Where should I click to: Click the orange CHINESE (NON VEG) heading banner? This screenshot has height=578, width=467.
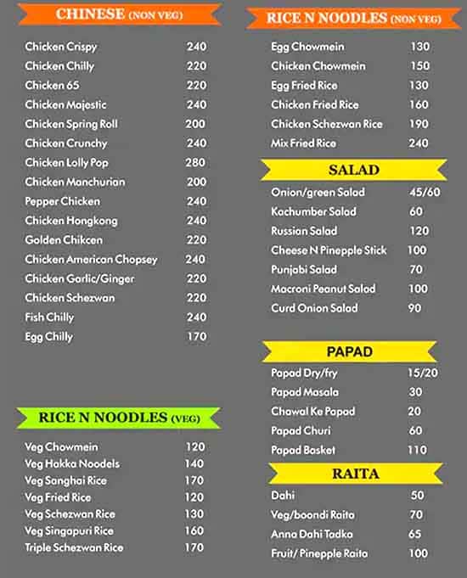pyautogui.click(x=119, y=14)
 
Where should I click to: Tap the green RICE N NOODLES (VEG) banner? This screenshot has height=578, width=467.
pyautogui.click(x=119, y=418)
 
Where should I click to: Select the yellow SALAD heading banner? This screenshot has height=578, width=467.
pyautogui.click(x=353, y=170)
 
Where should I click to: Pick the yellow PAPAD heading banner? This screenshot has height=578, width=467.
pyautogui.click(x=349, y=351)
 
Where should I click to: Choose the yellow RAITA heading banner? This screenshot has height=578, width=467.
pyautogui.click(x=355, y=474)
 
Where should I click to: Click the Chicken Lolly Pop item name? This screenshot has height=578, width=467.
pyautogui.click(x=66, y=162)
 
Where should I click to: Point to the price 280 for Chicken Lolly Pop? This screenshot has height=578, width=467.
pyautogui.click(x=196, y=162)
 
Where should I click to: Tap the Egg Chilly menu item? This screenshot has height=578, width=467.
pyautogui.click(x=49, y=337)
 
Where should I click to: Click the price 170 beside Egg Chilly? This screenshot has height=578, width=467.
pyautogui.click(x=196, y=337)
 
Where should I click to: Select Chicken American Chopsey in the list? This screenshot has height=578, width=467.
pyautogui.click(x=91, y=260)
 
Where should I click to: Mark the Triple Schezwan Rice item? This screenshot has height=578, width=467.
pyautogui.click(x=74, y=547)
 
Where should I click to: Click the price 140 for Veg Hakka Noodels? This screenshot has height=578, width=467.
pyautogui.click(x=194, y=463)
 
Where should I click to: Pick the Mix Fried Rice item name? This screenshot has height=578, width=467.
pyautogui.click(x=303, y=143)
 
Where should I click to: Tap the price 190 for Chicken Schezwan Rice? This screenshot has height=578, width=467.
pyautogui.click(x=419, y=124)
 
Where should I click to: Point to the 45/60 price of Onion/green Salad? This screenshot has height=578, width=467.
pyautogui.click(x=425, y=192)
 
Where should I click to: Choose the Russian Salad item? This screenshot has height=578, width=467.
pyautogui.click(x=304, y=231)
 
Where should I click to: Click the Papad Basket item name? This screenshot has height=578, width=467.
pyautogui.click(x=303, y=450)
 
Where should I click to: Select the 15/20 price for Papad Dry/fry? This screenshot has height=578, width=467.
pyautogui.click(x=422, y=373)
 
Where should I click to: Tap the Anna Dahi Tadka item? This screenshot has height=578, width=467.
pyautogui.click(x=310, y=534)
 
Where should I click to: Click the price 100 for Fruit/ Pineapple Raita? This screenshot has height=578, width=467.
pyautogui.click(x=418, y=553)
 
